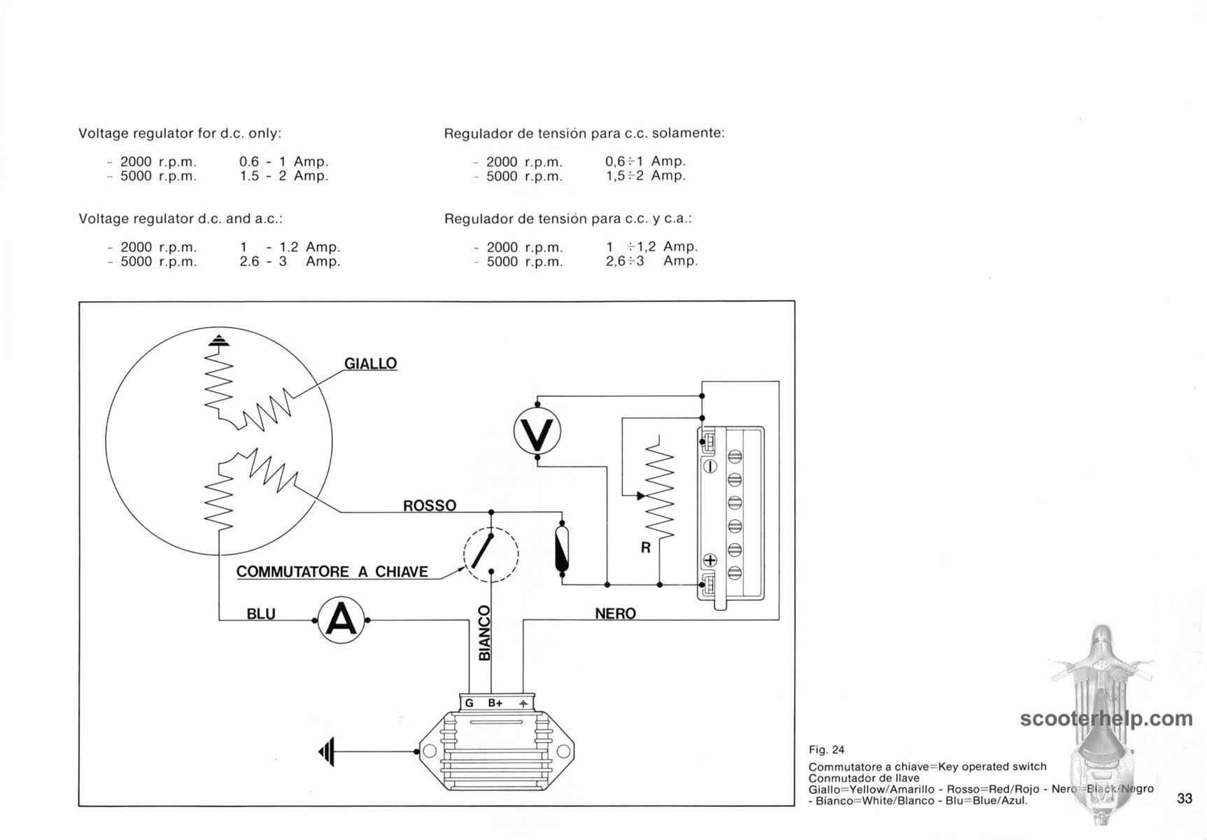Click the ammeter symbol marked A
pos(341,620)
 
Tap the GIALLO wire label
pos(370,363)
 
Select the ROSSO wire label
pos(430,505)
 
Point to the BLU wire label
pos(261,614)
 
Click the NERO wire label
pos(615,614)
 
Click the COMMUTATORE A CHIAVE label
pos(332,571)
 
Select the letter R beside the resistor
pos(645,547)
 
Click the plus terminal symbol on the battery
pos(710,560)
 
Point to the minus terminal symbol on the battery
pos(710,466)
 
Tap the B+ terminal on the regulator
pos(495,703)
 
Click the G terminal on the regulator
pos(469,703)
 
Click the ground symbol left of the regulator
pos(327,752)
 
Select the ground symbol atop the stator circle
pos(219,341)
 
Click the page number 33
pos(1185,799)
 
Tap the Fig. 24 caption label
pos(826,750)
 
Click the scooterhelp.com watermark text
pos(1106,719)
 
